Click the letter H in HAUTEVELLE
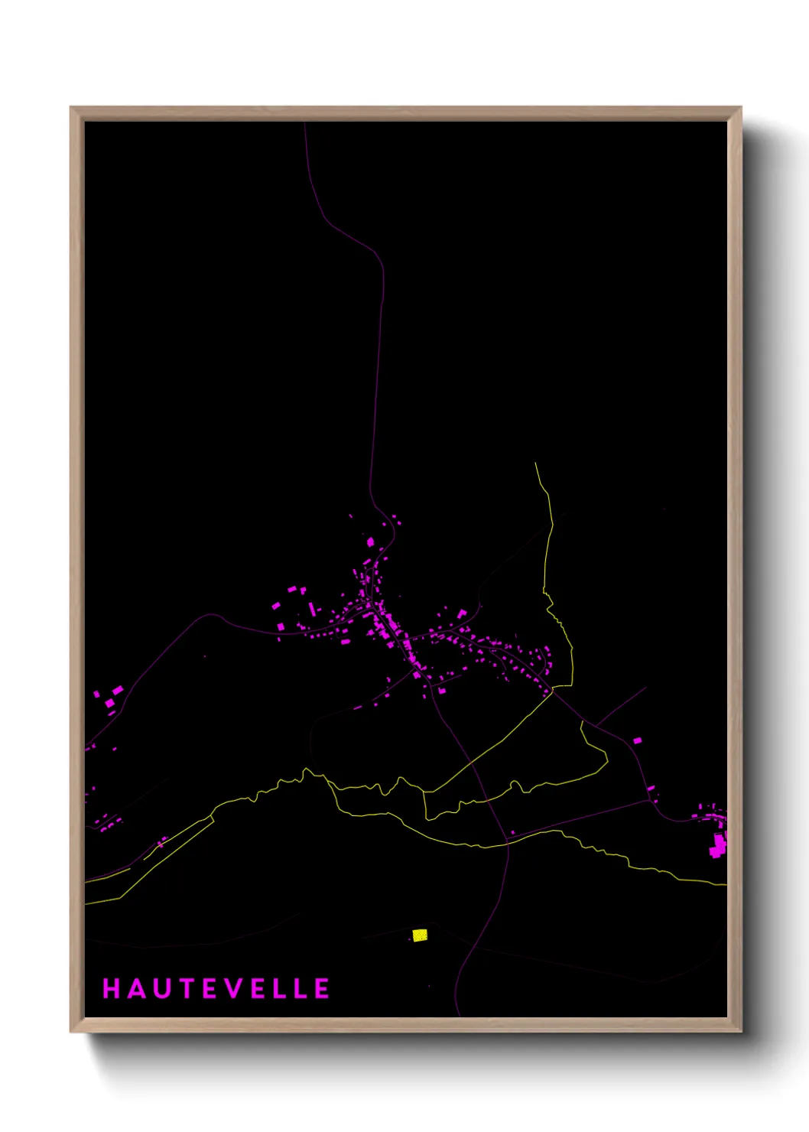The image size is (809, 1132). click(x=111, y=989)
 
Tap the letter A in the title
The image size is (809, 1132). click(x=136, y=989)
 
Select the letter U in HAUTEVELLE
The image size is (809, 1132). click(x=161, y=989)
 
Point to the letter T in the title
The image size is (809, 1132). click(x=187, y=989)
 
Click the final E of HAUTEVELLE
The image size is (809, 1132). click(x=323, y=989)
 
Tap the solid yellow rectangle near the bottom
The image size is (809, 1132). click(x=420, y=935)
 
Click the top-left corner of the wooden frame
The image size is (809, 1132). click(x=72, y=109)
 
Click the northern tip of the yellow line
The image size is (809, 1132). click(x=535, y=463)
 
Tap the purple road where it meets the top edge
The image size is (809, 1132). click(x=304, y=123)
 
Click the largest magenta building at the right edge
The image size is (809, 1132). click(x=719, y=845)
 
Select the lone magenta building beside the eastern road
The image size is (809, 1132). click(x=637, y=740)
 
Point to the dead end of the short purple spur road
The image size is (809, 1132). click(x=646, y=687)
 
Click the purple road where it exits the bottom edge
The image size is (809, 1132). click(x=460, y=1015)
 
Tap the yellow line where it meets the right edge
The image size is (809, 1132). click(x=725, y=885)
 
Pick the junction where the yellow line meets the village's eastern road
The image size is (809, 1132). click(x=552, y=691)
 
